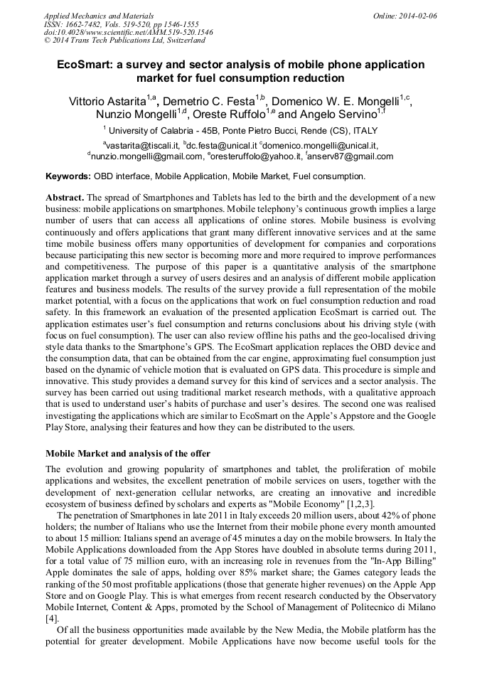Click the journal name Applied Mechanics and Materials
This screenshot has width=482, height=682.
(99, 15)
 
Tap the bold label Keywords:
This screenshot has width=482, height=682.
(68, 176)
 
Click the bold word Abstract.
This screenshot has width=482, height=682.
(65, 196)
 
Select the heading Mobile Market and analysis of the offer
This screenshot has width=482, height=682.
(128, 453)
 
